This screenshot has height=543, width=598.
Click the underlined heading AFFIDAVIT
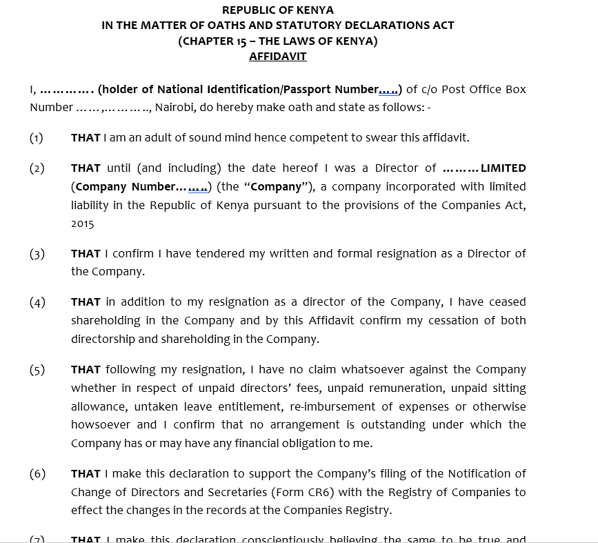(277, 57)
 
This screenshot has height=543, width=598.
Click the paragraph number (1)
(37, 138)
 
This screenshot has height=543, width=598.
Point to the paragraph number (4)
(37, 302)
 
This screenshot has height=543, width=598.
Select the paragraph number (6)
(37, 474)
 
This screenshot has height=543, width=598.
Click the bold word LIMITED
(503, 168)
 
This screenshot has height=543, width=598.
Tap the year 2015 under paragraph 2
(83, 224)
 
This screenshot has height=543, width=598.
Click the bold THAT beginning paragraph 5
(86, 370)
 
